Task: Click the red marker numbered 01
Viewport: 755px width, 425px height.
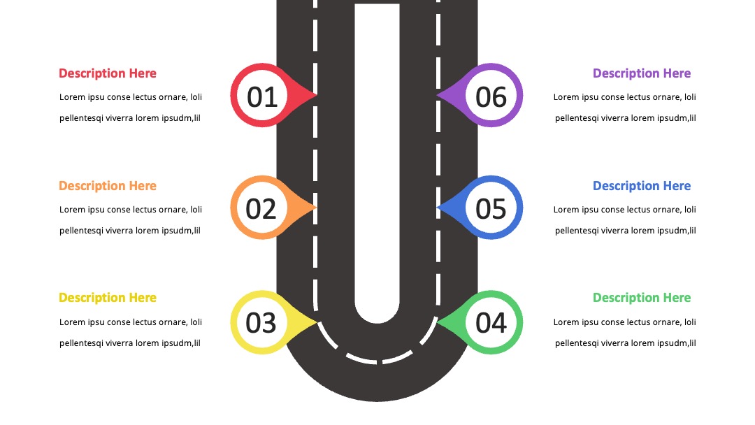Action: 262,95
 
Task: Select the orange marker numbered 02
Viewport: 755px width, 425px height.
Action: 262,208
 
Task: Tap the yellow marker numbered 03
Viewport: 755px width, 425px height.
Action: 262,322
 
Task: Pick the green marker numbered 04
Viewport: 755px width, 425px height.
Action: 491,322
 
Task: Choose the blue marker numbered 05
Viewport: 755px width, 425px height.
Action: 491,208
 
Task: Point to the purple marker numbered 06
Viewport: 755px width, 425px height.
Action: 491,95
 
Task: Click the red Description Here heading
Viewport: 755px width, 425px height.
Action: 108,73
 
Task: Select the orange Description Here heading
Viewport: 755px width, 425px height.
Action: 108,186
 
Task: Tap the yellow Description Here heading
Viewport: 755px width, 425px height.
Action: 108,298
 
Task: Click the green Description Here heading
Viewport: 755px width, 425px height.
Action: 641,298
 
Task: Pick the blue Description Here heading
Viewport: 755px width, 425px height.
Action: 641,186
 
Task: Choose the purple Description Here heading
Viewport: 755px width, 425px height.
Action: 641,73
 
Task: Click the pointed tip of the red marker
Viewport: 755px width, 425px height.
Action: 317,95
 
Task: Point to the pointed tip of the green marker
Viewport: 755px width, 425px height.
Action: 437,322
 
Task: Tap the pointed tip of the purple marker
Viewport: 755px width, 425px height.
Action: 437,95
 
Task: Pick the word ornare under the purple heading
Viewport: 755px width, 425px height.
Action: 654,97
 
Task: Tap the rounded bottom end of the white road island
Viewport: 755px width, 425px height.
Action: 377,322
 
